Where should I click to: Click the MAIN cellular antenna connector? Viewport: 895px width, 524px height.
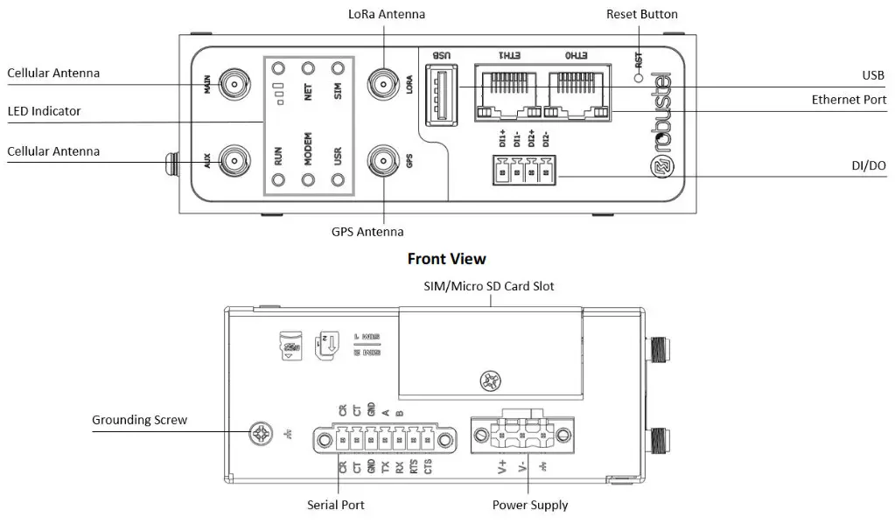click(234, 85)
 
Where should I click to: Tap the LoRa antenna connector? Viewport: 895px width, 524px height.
click(382, 85)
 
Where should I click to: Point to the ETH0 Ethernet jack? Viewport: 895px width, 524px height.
click(576, 92)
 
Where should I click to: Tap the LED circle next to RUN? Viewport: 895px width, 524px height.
click(278, 180)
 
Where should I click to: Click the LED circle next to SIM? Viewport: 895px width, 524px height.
click(338, 67)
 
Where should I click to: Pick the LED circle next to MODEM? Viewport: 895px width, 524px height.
click(308, 180)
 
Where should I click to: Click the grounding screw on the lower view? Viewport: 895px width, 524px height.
click(261, 432)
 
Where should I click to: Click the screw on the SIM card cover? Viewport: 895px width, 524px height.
click(490, 381)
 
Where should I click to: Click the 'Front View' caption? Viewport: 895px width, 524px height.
click(446, 259)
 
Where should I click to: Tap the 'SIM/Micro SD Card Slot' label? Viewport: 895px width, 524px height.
click(490, 286)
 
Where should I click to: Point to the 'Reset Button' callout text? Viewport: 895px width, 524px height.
click(641, 14)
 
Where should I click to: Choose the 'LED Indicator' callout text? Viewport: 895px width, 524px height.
click(44, 111)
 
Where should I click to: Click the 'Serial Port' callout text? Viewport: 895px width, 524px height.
click(336, 505)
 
